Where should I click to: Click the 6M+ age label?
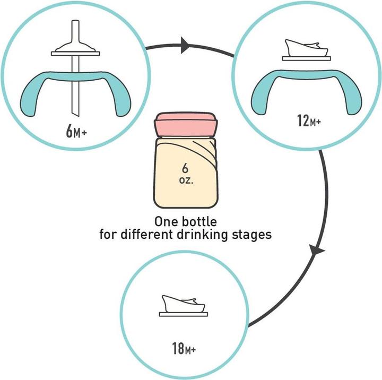(x=76, y=132)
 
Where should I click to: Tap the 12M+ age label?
(x=309, y=120)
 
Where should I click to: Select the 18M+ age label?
(x=184, y=348)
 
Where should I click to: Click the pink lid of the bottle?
(x=186, y=125)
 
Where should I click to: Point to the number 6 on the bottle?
(x=185, y=168)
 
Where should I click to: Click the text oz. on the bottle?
(x=186, y=180)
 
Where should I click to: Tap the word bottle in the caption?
(x=199, y=221)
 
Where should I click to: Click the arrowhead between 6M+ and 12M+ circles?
(x=185, y=45)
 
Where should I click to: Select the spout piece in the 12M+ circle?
(x=306, y=50)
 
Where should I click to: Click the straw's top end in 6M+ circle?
(x=75, y=21)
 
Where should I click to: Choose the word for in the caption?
(x=108, y=235)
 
